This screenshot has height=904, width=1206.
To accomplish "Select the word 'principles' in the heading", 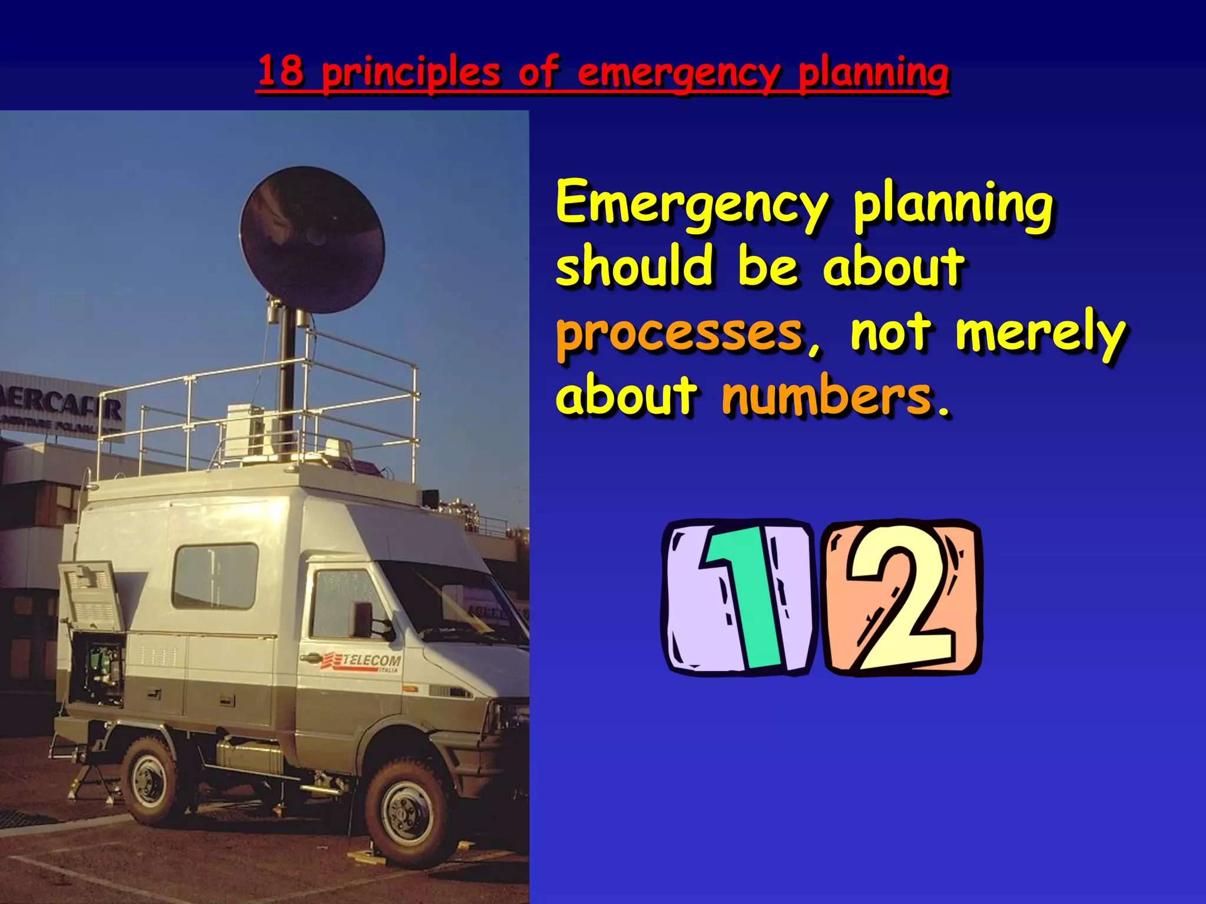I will tap(410, 73).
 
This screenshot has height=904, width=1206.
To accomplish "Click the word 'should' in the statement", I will tap(635, 266).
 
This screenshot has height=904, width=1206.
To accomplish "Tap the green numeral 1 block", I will tap(740, 597).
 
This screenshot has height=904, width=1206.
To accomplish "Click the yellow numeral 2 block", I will tap(902, 598).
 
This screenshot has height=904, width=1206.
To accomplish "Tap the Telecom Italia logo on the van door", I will tap(361, 662).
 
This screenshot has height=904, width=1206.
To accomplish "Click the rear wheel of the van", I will tap(150, 780).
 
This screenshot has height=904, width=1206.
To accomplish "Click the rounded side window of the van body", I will tap(215, 576).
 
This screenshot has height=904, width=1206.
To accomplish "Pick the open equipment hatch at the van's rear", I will tap(94, 636).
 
